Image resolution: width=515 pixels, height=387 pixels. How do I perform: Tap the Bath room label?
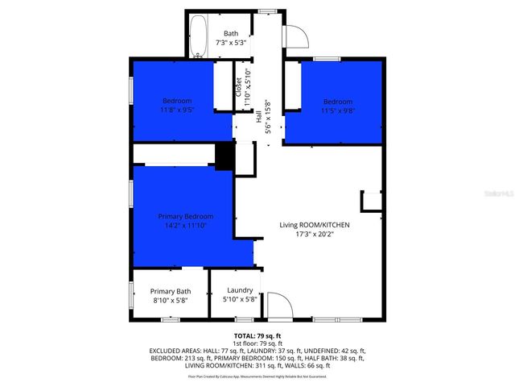(231, 33)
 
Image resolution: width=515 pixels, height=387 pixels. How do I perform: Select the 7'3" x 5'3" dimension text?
(231, 44)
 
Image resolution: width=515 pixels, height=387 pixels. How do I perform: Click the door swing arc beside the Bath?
(296, 35)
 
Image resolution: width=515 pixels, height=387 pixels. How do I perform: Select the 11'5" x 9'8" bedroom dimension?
(337, 112)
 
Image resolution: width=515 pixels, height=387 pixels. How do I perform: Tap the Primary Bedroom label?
(186, 217)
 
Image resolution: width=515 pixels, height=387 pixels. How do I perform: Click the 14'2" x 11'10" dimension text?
(186, 227)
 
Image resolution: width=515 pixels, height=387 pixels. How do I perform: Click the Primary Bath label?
(171, 291)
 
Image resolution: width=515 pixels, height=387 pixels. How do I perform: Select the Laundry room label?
(240, 290)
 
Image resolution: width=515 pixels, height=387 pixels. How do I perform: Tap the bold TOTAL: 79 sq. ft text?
(257, 335)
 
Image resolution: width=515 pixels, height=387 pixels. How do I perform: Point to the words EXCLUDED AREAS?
(175, 351)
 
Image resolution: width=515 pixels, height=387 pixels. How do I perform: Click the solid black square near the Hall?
(225, 156)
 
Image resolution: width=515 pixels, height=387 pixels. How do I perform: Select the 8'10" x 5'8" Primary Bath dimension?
(171, 300)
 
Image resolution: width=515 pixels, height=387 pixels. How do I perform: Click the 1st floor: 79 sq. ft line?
(257, 343)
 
